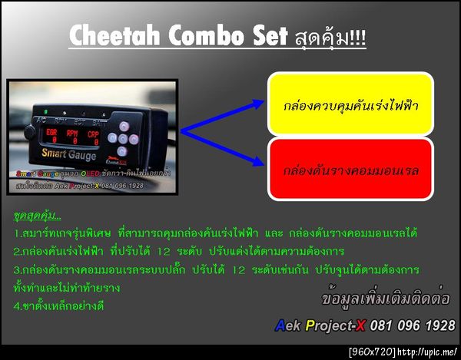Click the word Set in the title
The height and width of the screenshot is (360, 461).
point(254,35)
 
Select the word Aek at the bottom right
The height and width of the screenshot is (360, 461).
point(289,325)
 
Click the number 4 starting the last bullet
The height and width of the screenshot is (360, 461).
point(17,305)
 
